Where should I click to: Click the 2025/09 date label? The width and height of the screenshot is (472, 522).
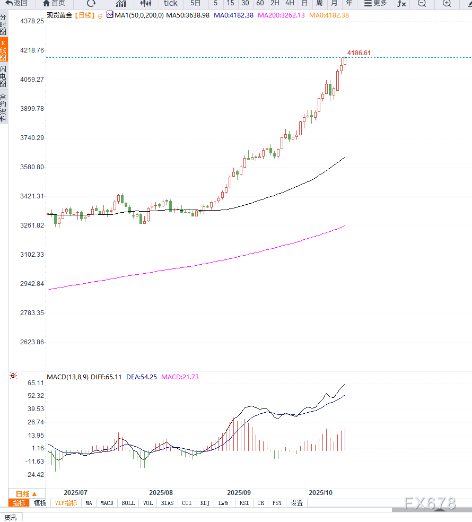pyautogui.click(x=239, y=493)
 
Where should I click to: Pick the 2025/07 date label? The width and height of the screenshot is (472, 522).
pyautogui.click(x=75, y=493)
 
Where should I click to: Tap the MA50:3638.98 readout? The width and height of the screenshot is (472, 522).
pyautogui.click(x=188, y=15)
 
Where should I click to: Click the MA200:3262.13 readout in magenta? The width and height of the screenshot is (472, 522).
pyautogui.click(x=281, y=15)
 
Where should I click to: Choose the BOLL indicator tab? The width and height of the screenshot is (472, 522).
pyautogui.click(x=128, y=503)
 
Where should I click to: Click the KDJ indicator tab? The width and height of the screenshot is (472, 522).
pyautogui.click(x=205, y=503)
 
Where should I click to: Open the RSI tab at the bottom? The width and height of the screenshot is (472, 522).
pyautogui.click(x=244, y=503)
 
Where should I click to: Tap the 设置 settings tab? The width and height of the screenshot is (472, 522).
pyautogui.click(x=296, y=503)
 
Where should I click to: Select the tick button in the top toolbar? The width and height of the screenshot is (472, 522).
pyautogui.click(x=170, y=3)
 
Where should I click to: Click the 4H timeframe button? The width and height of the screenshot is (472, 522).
pyautogui.click(x=290, y=3)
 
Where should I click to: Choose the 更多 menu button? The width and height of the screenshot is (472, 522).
pyautogui.click(x=375, y=3)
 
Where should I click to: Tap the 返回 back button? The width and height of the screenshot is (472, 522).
pyautogui.click(x=16, y=3)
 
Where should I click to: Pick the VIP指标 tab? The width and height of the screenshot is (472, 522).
pyautogui.click(x=66, y=503)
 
